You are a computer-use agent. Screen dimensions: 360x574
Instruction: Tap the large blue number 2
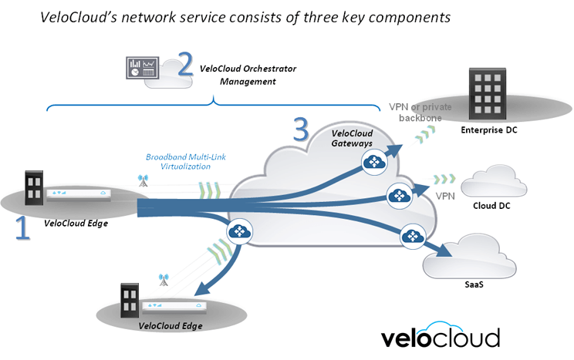[184, 63]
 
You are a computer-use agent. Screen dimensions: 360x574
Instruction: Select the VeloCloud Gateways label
[353, 137]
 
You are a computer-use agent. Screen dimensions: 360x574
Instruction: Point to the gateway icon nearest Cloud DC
[400, 196]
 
